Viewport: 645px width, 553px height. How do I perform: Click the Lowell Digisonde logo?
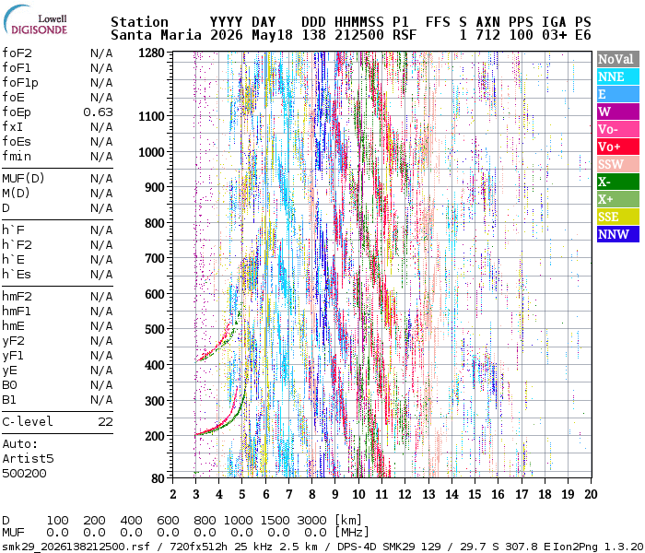coord(35,19)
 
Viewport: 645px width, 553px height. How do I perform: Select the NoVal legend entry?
coord(618,59)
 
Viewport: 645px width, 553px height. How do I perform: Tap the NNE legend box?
coord(618,76)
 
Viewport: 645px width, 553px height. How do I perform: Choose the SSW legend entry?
coord(618,164)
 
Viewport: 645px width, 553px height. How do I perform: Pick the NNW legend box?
coord(618,234)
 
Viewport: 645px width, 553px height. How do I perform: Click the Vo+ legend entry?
coord(618,147)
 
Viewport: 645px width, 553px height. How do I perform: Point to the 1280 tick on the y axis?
coord(151,53)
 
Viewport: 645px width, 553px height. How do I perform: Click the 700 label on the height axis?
coord(154,259)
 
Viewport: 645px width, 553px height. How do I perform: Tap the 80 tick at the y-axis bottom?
coord(158,478)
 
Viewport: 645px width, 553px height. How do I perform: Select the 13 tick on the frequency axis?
coord(428,494)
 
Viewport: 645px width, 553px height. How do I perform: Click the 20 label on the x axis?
coord(592,494)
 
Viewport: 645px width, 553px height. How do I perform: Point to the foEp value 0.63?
coord(98,112)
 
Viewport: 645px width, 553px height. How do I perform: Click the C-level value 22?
coord(105,422)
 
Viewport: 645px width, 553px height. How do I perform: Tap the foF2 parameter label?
coord(17,53)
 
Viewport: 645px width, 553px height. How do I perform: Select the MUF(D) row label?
coord(23,179)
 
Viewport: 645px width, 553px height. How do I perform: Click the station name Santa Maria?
coord(156,35)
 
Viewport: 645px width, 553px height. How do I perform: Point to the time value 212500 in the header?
coord(359,35)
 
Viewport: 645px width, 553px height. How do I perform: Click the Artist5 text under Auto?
coord(28,458)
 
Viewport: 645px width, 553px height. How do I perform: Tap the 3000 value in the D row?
coord(311,521)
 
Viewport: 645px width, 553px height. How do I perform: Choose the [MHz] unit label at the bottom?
coord(352,533)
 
